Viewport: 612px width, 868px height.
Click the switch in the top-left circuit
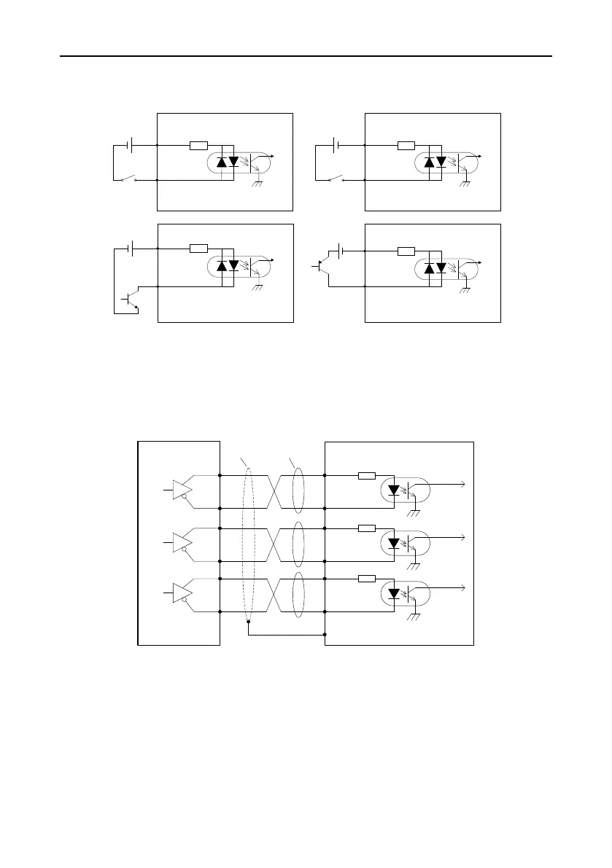[131, 179]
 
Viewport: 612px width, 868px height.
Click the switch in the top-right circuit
[337, 179]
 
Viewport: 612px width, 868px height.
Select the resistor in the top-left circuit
[198, 145]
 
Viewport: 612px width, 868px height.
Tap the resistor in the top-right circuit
[406, 145]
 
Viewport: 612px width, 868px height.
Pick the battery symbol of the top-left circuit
[130, 145]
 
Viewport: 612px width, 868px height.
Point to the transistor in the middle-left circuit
[131, 299]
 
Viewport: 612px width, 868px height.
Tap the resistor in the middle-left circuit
[198, 249]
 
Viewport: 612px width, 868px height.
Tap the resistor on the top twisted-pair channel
[366, 476]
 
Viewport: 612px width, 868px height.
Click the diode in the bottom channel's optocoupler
[395, 594]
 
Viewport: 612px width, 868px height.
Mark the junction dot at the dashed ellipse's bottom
[249, 622]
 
